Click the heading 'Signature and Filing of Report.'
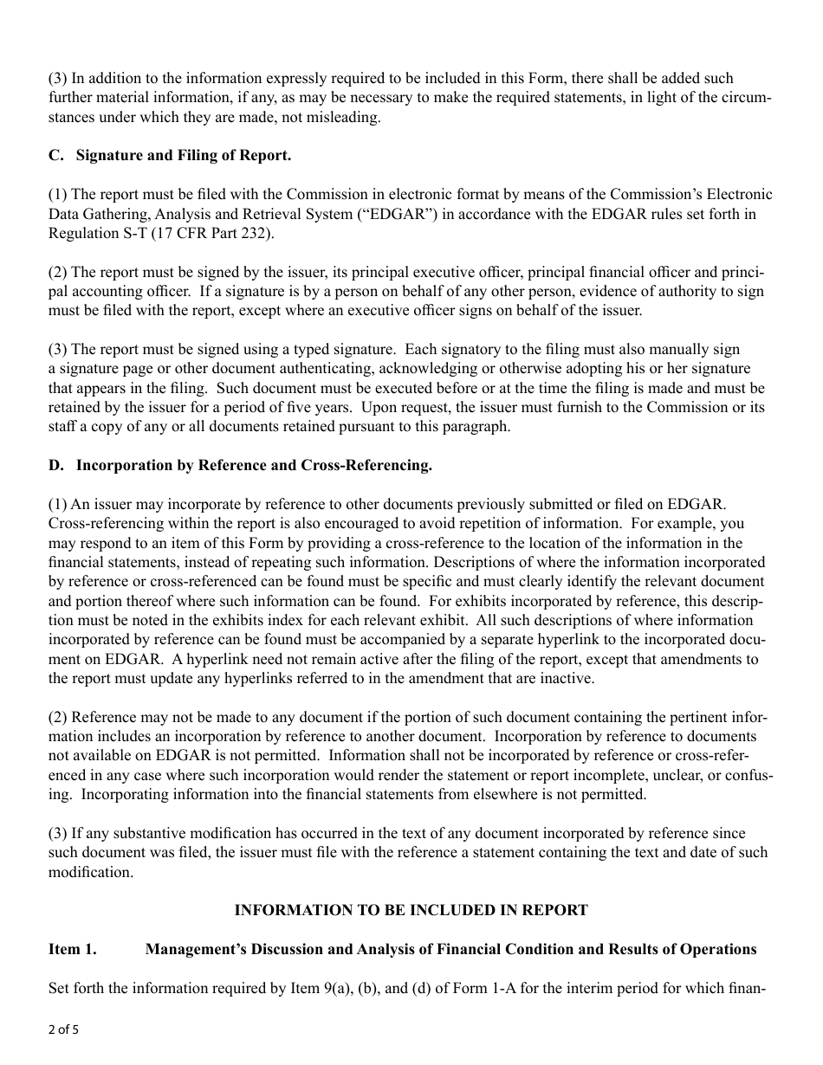coord(184,156)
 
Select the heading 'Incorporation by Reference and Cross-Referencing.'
coord(254,465)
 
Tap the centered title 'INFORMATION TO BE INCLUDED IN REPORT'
coord(411,910)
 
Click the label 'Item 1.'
coord(72,949)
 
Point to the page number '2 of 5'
coord(63,1030)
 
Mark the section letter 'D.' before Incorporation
coord(56,465)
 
